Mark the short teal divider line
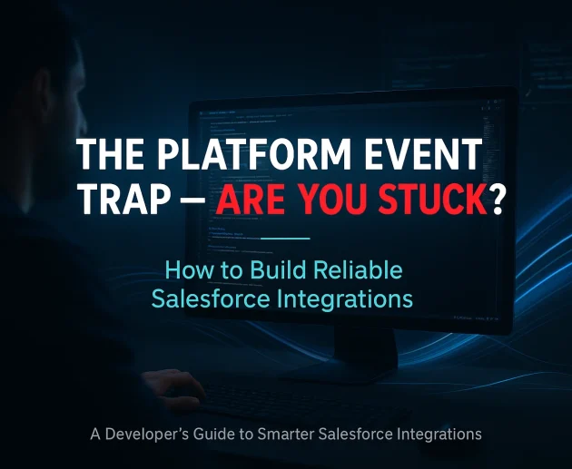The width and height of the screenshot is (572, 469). [285, 239]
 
